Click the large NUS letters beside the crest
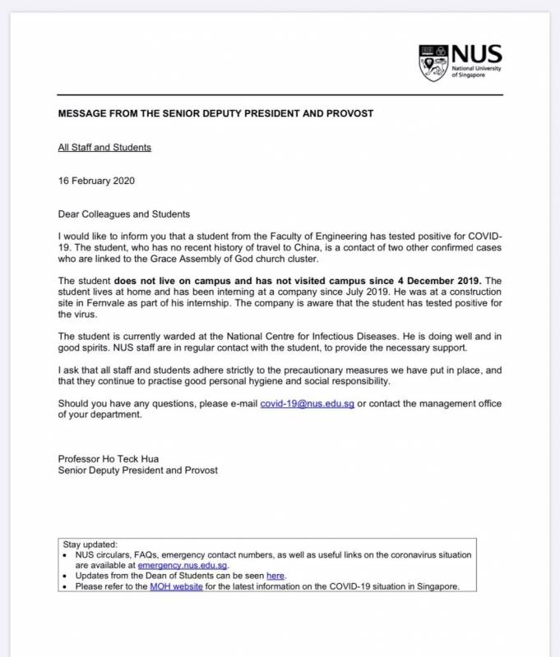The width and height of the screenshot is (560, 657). point(477,55)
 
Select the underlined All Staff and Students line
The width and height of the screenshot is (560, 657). point(104,148)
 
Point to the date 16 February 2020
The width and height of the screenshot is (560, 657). point(96,181)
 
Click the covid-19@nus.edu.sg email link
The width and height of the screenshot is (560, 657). point(307,404)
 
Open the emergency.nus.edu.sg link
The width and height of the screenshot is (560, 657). point(183,566)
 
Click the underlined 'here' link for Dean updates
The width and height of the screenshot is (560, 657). point(275,577)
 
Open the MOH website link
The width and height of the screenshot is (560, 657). point(176,587)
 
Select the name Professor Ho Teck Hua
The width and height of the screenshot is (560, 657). point(108,458)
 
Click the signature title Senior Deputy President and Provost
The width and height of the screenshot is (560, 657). point(138,471)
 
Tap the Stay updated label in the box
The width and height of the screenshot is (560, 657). point(90,544)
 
